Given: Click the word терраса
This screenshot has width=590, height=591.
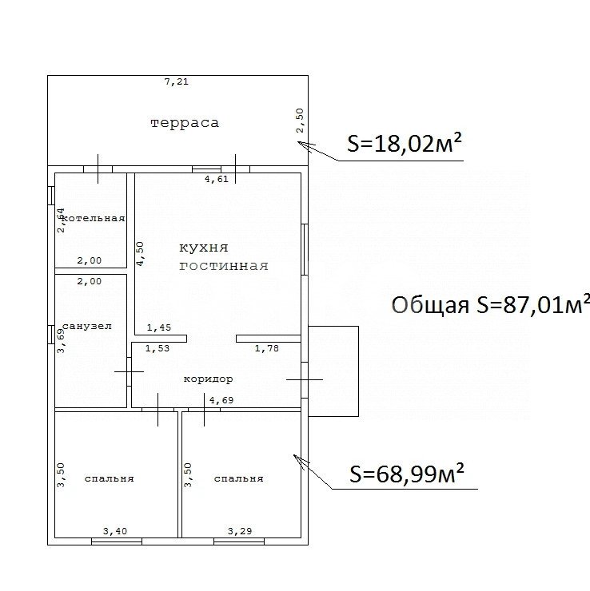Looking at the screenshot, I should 185,123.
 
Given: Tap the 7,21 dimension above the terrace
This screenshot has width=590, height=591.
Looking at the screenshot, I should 176,81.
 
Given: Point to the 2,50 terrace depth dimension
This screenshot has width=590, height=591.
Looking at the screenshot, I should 300,120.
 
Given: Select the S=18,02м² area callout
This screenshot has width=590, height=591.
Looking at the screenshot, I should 405,143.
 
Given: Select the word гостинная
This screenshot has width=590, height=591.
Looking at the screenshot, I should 224,266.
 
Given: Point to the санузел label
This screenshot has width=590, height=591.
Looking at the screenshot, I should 86,327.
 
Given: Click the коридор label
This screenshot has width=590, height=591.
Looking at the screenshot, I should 208,379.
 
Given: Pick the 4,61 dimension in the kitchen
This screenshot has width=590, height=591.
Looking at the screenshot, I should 217,180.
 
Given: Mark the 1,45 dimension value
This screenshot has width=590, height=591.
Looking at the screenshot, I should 159,327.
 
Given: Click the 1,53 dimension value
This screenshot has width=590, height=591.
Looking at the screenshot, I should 156,348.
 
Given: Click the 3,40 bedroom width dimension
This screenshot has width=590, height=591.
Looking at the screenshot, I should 114,530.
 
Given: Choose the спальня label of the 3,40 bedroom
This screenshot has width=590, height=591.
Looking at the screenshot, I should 109,479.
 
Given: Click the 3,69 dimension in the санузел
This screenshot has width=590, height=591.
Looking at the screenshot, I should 60,340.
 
